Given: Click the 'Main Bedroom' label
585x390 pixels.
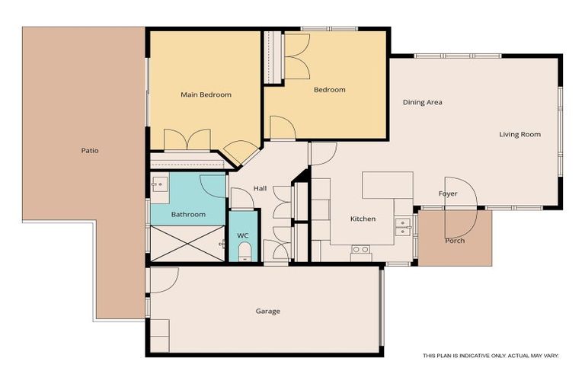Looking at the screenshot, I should [x=206, y=95].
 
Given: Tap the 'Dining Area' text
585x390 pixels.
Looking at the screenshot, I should [x=423, y=102].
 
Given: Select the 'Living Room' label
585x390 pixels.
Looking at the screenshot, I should [x=519, y=135].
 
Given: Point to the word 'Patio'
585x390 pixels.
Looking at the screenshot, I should [x=90, y=151].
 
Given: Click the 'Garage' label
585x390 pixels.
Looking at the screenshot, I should [x=267, y=311].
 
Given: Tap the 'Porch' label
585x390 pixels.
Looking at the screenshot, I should [x=455, y=241].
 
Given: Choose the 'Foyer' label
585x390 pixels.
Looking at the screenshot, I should [x=448, y=193].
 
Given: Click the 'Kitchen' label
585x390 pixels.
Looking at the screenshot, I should [x=363, y=219].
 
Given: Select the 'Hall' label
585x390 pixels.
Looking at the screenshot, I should [x=261, y=189].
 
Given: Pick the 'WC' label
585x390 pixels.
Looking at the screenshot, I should [x=243, y=236].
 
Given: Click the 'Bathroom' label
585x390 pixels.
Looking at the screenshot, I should [x=188, y=215].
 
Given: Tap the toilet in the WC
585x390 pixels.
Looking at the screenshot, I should [x=245, y=253].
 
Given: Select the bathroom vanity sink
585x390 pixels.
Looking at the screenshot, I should [x=159, y=184].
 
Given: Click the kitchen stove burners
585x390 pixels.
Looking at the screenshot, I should [x=360, y=249].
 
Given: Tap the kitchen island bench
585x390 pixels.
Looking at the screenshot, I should [x=387, y=185].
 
